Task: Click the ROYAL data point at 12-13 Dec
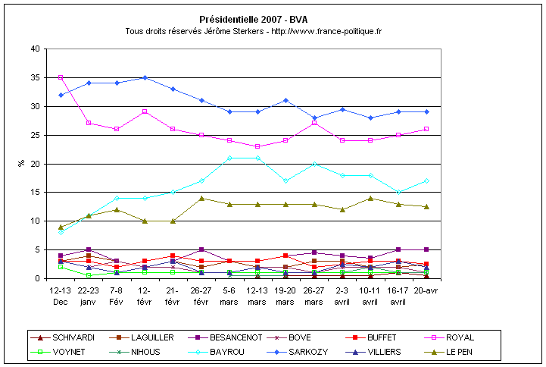click(x=61, y=77)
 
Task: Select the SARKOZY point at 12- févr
click(x=145, y=77)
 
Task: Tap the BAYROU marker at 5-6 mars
click(x=229, y=158)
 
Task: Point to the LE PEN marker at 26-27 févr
click(x=201, y=198)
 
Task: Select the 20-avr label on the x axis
click(x=427, y=290)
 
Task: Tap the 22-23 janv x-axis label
click(x=89, y=295)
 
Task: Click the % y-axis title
click(x=21, y=163)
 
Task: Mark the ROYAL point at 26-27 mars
click(x=314, y=123)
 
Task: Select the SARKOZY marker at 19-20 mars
click(x=286, y=100)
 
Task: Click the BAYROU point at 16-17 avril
click(x=399, y=192)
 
